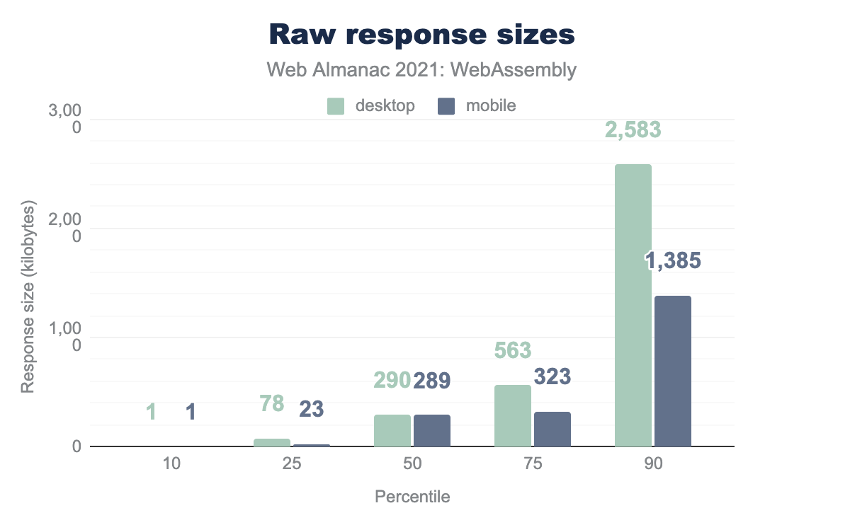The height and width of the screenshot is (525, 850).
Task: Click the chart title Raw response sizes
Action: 421,34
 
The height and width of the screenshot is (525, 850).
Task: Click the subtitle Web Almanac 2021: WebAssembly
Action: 421,70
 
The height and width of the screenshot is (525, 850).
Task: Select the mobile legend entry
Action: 477,106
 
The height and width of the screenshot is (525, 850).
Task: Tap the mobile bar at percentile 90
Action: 673,371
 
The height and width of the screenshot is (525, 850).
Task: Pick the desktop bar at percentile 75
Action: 513,416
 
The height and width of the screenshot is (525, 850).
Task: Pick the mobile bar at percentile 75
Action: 552,429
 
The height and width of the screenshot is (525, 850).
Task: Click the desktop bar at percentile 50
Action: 392,431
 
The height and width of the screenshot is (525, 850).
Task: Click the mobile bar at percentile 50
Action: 432,431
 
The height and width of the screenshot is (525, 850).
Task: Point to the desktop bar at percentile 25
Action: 272,443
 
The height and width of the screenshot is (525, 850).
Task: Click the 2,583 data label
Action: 633,130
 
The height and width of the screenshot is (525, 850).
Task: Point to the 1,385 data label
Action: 673,261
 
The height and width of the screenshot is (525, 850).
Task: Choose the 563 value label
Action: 513,351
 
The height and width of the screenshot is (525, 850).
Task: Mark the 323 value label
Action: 552,377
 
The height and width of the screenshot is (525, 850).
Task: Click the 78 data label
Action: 272,404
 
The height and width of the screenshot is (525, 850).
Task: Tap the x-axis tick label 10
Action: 172,465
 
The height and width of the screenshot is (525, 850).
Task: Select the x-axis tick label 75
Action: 533,465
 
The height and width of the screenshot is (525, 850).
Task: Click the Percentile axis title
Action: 412,497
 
